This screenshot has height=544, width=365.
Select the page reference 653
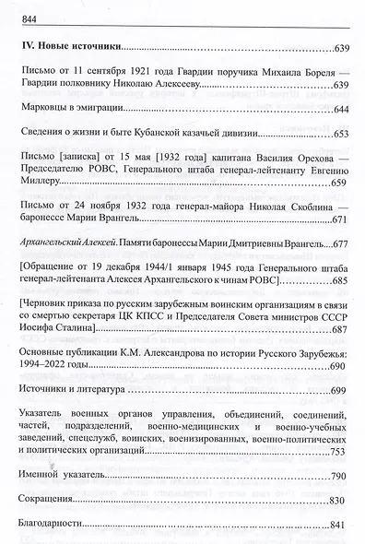point(340,135)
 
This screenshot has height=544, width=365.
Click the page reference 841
point(340,525)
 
